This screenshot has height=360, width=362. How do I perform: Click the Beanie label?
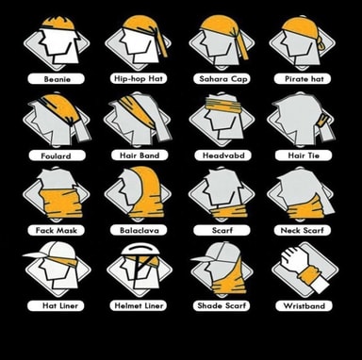pyautogui.click(x=57, y=79)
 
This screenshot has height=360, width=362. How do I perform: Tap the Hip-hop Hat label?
pyautogui.click(x=139, y=78)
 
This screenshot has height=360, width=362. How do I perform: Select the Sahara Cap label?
pyautogui.click(x=222, y=78)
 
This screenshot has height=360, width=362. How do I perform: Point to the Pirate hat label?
pyautogui.click(x=304, y=78)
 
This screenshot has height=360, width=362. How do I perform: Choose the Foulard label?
pyautogui.click(x=57, y=155)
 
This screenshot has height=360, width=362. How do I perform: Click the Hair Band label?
pyautogui.click(x=140, y=155)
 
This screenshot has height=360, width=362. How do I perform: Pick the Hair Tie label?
pyautogui.click(x=304, y=155)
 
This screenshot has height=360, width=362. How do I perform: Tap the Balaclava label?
pyautogui.click(x=139, y=230)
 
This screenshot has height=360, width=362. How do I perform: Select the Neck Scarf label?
pyautogui.click(x=302, y=230)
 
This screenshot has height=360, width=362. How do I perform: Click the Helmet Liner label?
pyautogui.click(x=139, y=305)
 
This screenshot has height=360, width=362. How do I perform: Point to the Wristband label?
pyautogui.click(x=304, y=305)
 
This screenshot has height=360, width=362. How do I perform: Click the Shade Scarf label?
pyautogui.click(x=222, y=305)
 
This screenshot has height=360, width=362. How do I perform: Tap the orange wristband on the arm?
pyautogui.click(x=308, y=274)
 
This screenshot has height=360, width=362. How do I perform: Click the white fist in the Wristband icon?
pyautogui.click(x=294, y=258)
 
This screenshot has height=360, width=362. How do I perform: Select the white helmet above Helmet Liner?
pyautogui.click(x=140, y=250)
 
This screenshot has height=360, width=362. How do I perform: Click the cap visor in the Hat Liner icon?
pyautogui.click(x=36, y=254)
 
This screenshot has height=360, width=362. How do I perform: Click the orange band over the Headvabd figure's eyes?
pyautogui.click(x=222, y=104)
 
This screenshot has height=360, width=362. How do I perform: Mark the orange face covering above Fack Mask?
pyautogui.click(x=61, y=204)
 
